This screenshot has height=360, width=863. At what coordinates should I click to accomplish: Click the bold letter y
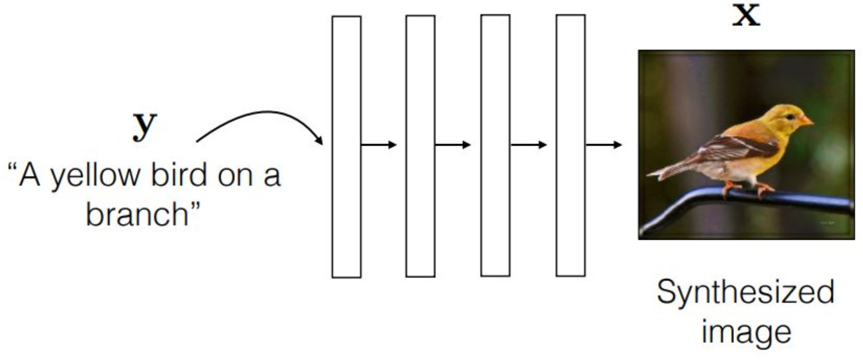(145, 127)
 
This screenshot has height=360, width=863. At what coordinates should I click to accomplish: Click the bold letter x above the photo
(746, 16)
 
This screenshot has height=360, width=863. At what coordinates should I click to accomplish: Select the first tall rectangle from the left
(346, 147)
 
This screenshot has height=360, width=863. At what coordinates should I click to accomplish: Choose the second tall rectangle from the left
(421, 146)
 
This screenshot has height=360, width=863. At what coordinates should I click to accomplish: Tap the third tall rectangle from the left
(496, 146)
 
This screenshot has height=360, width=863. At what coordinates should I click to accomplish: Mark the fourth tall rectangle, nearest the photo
(570, 146)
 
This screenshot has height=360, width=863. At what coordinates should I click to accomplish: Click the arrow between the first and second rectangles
(379, 145)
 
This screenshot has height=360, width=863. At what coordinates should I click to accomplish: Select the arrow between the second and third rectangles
(453, 145)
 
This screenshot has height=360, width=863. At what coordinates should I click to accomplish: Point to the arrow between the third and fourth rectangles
(529, 145)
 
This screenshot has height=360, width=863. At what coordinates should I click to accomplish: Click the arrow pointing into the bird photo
(604, 145)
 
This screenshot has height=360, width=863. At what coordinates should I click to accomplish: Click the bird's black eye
(790, 117)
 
